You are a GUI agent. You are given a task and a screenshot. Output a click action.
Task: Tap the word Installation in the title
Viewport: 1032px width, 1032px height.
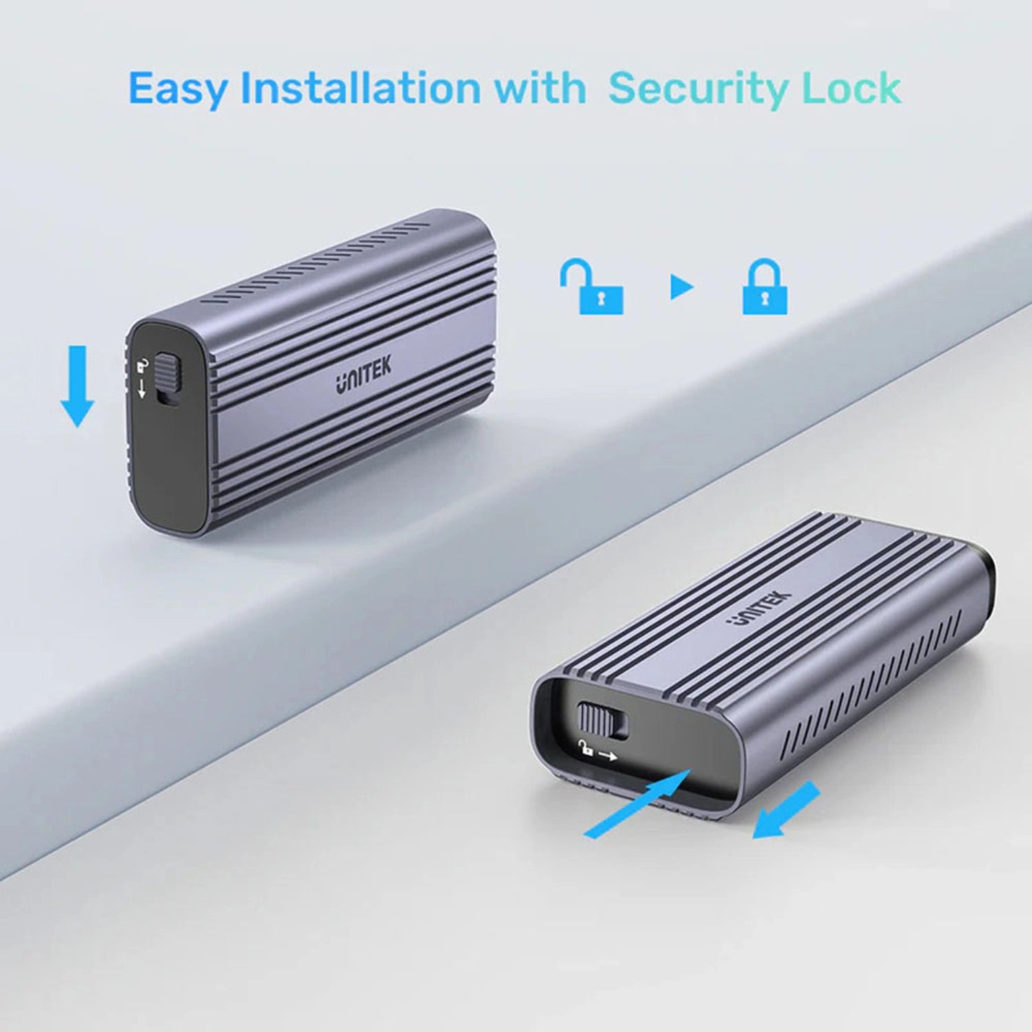[360, 88]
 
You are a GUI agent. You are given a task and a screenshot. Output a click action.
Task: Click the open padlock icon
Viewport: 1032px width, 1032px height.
[592, 287]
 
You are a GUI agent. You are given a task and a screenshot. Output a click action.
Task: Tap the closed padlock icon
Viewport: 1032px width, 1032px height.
[764, 287]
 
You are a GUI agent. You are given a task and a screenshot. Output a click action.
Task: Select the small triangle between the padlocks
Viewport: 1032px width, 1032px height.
[680, 287]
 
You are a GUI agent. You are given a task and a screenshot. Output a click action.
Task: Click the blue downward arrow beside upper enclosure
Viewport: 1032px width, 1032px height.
[77, 385]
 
